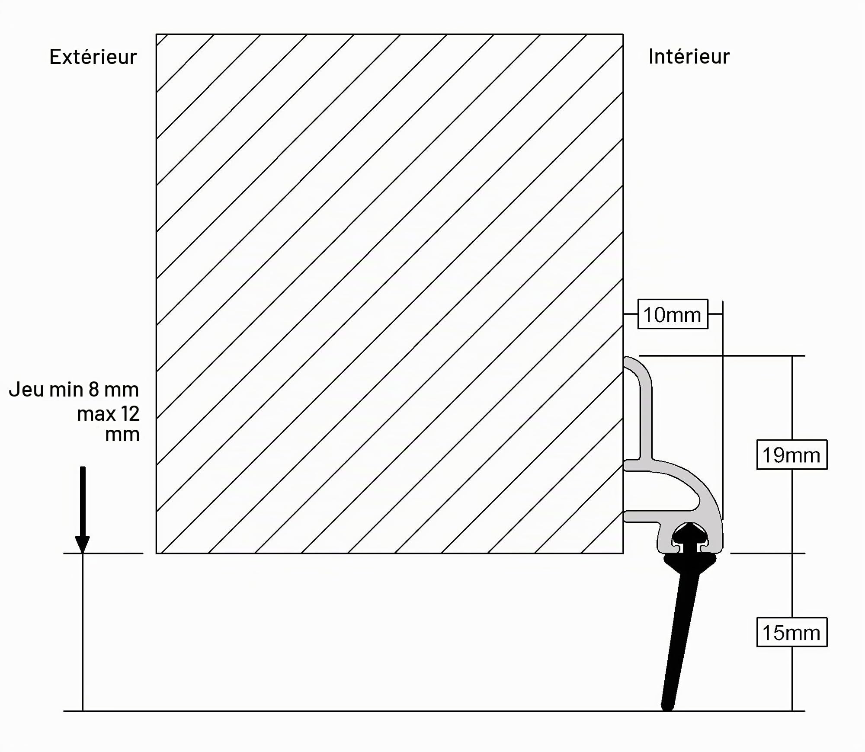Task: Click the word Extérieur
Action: click(x=93, y=57)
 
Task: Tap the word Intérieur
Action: click(x=689, y=57)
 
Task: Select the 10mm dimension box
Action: click(x=673, y=314)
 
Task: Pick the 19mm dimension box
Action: click(x=791, y=454)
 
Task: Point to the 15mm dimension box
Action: click(x=791, y=632)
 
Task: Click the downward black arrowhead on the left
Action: click(x=82, y=544)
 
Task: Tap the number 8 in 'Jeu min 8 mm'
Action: click(x=94, y=390)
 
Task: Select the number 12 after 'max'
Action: click(x=130, y=414)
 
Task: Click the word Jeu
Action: click(x=26, y=390)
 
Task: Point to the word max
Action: click(x=96, y=415)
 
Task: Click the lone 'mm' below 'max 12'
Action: click(x=122, y=435)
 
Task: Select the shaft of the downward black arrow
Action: click(x=83, y=502)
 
